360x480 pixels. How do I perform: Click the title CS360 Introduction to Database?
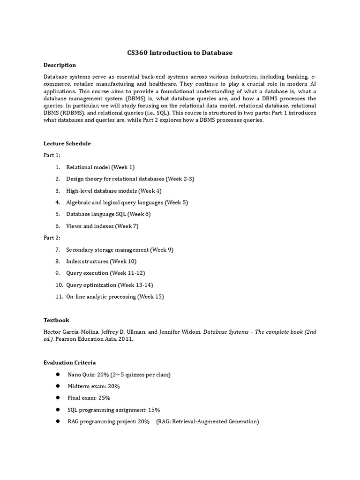[180, 52]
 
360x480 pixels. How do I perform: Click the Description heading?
[60, 65]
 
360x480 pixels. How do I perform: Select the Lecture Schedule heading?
[67, 143]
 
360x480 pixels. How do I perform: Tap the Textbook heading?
[56, 320]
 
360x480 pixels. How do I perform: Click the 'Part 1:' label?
[52, 155]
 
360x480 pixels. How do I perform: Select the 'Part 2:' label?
[52, 238]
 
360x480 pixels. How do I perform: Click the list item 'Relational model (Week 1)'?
[100, 167]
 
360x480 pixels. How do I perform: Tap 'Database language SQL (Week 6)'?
[108, 214]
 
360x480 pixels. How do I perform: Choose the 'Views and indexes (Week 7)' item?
[102, 226]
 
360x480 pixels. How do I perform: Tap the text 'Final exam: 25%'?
[89, 397]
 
